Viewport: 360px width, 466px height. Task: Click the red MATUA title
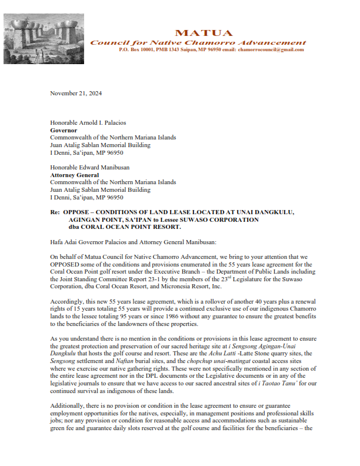[x=204, y=33]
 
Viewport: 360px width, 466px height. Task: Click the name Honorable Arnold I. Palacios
[x=88, y=122]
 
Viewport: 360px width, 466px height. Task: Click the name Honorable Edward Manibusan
[x=91, y=167]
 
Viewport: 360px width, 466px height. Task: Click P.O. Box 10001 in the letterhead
[x=139, y=50]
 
